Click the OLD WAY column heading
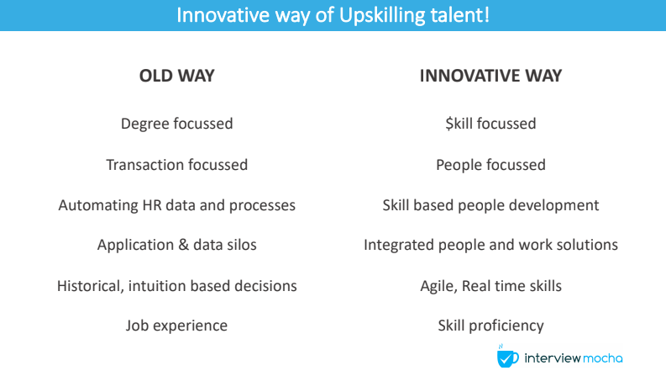(176, 76)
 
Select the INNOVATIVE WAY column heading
(490, 76)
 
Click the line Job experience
(176, 326)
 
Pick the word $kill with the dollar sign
(459, 124)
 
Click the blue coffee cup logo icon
(507, 357)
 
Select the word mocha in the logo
(603, 358)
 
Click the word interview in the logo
(553, 358)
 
